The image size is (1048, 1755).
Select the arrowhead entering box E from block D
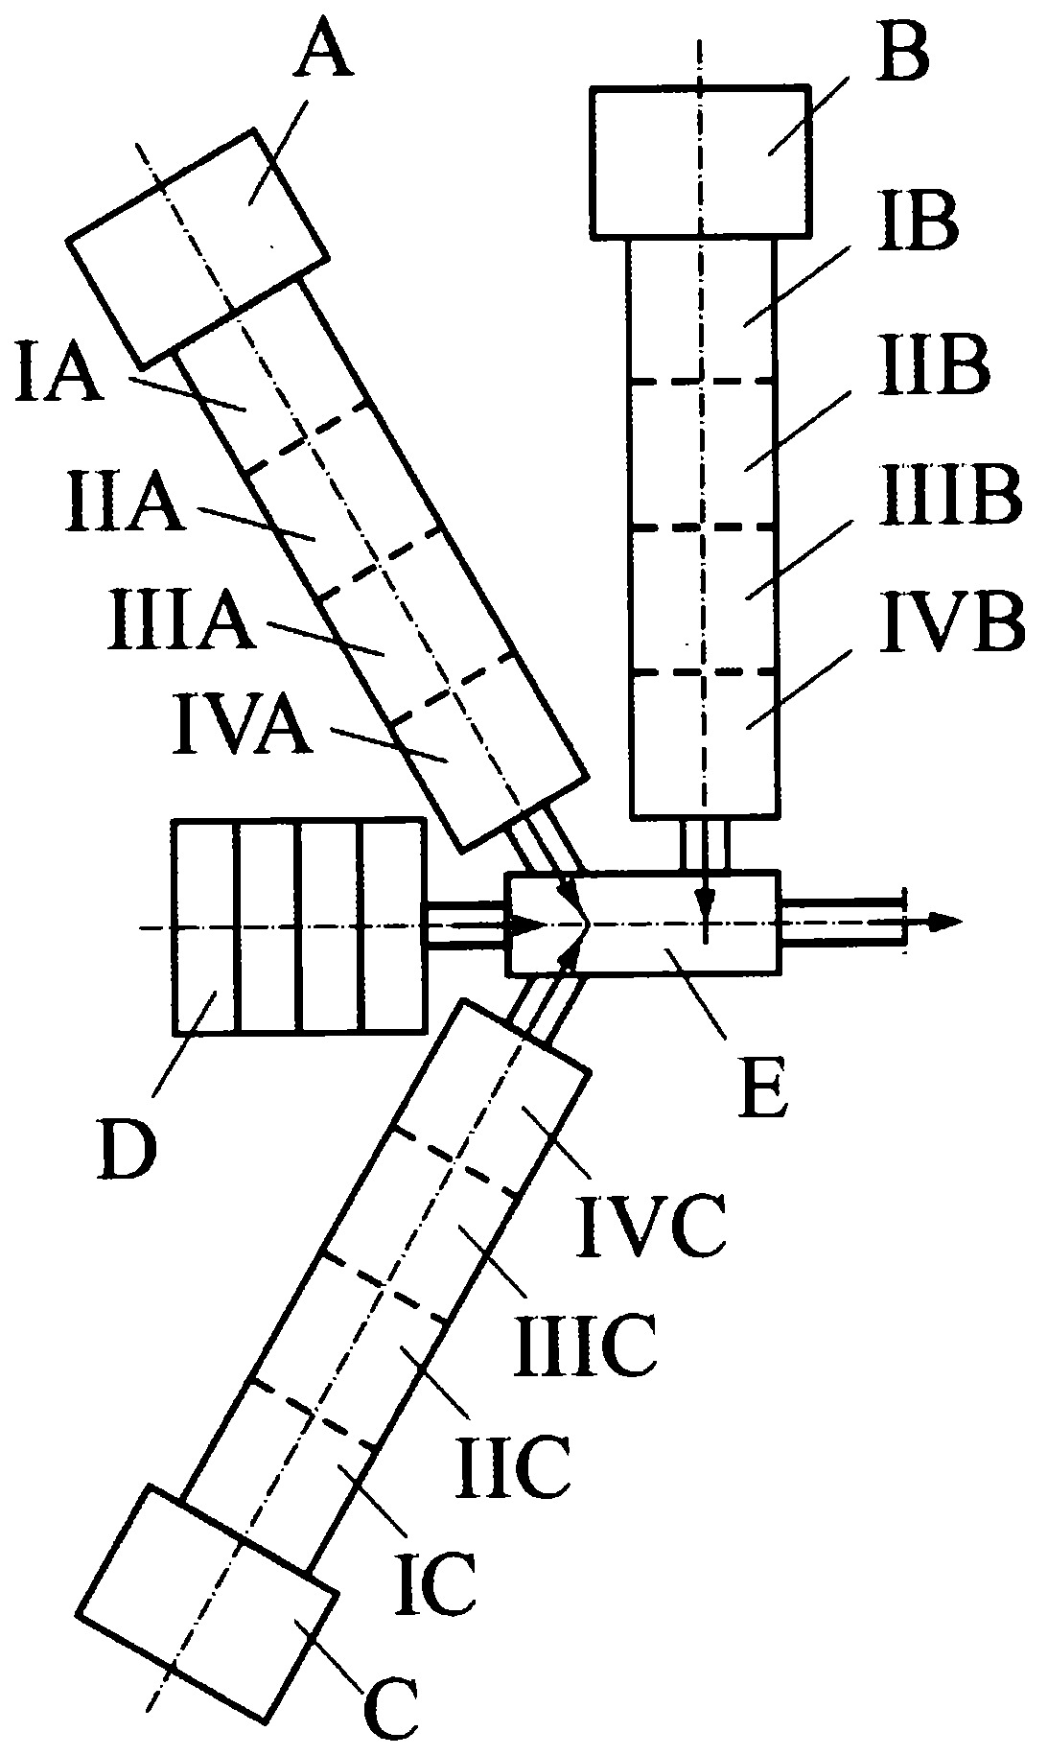[527, 926]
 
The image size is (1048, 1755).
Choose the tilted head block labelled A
[198, 248]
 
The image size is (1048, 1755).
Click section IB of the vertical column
[702, 310]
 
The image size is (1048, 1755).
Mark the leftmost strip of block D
[205, 926]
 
